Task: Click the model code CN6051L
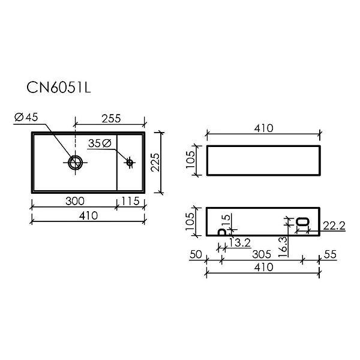pos(59,87)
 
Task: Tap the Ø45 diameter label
pos(26,117)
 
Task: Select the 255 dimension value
pos(111,118)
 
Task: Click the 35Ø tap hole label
pos(100,143)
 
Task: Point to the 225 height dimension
pos(155,163)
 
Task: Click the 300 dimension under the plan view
pos(75,201)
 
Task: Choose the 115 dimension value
pos(130,201)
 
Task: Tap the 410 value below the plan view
pos(89,215)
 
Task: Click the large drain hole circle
pos(76,163)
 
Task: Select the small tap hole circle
pos(130,163)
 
